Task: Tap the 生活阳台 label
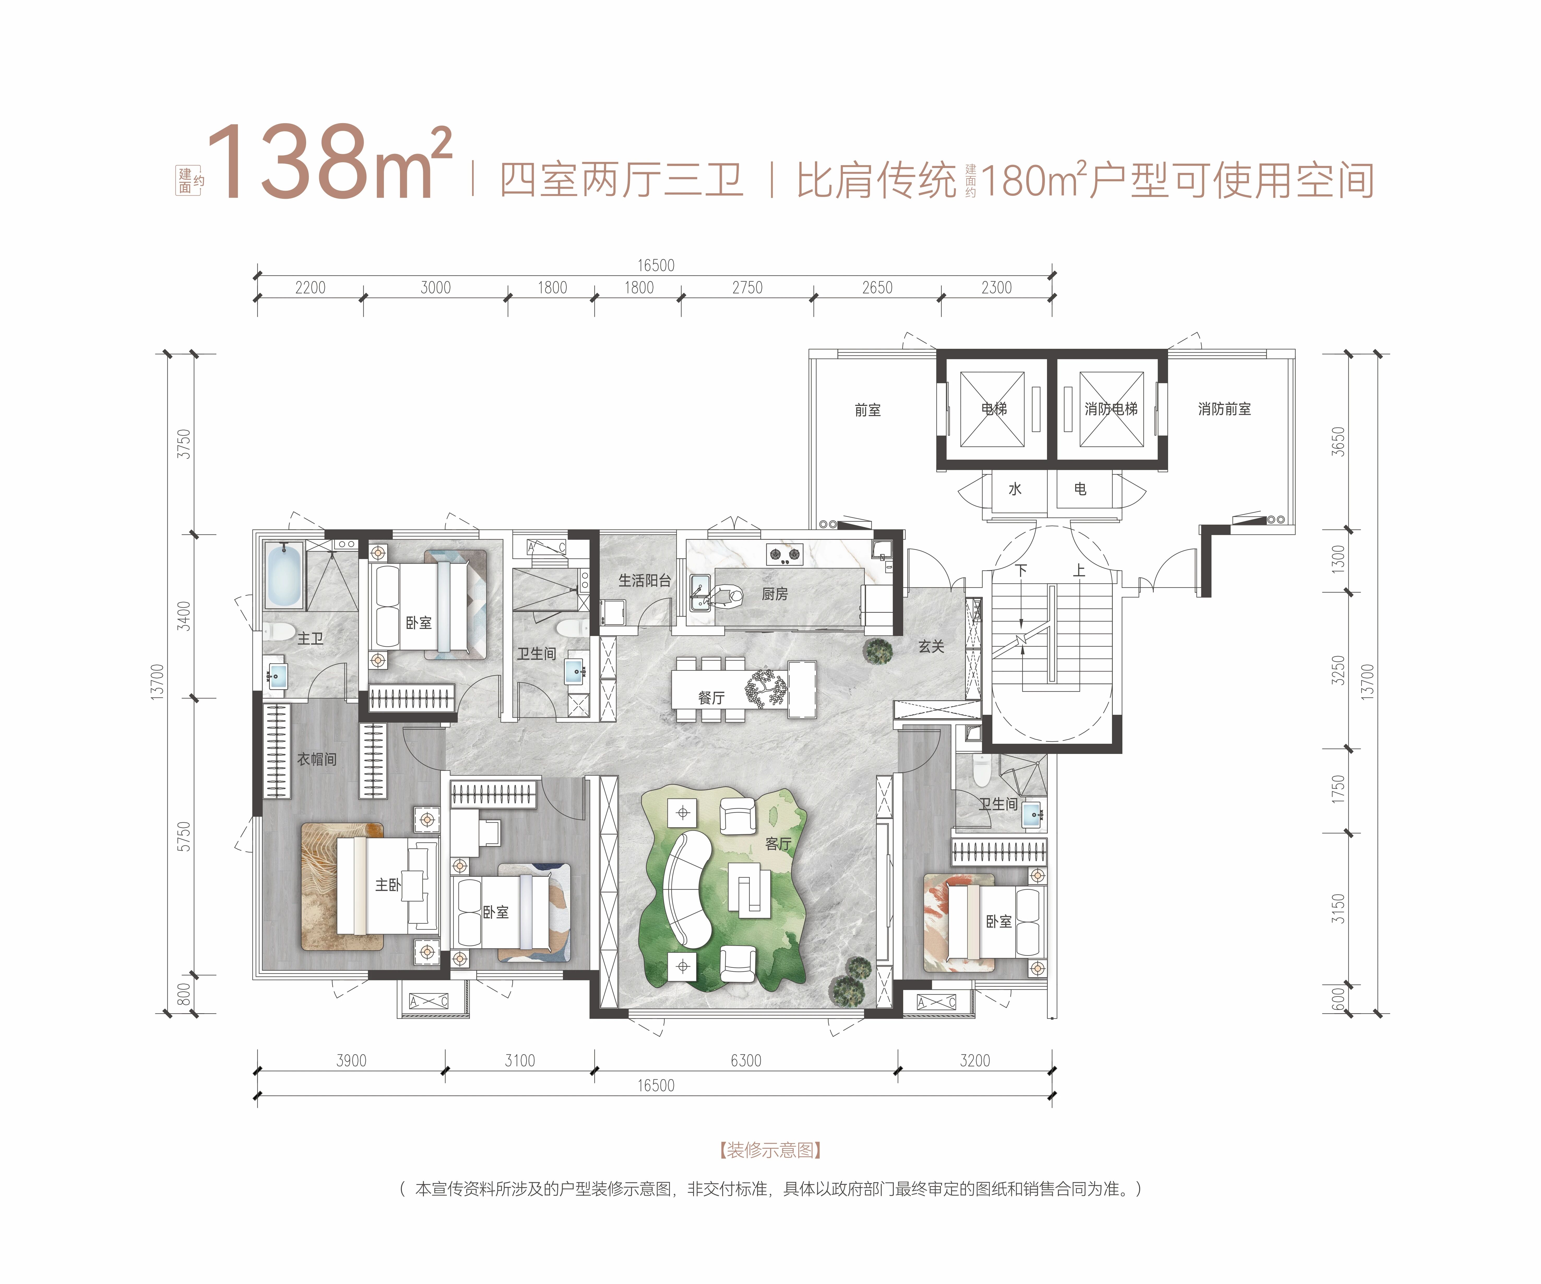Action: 644,580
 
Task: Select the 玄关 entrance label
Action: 931,646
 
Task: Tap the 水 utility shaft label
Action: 1015,489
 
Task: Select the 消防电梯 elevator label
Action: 1111,409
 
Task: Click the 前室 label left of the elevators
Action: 867,409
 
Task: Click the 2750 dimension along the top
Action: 747,288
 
